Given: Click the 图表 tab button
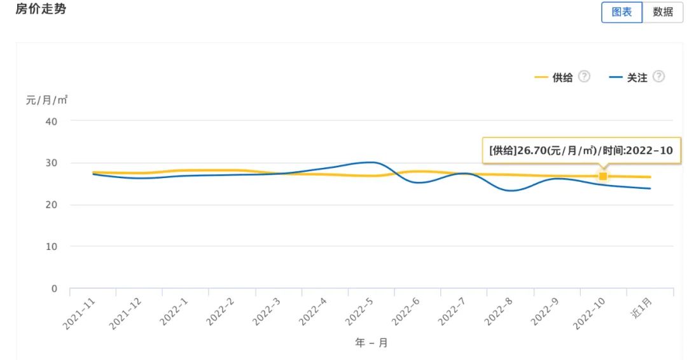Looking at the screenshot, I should pos(621,12).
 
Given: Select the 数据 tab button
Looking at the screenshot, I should pos(663,12).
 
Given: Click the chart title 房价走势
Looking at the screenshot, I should pos(41,9).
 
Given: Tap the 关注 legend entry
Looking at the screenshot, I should pos(637,78).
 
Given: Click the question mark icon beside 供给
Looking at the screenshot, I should pos(584,77).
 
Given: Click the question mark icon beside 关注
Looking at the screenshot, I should pos(659,77).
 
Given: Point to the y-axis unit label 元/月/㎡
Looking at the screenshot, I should pos(46,100).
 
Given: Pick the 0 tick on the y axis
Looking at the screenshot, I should pos(54,289).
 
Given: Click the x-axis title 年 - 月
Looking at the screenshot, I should pos(371,343).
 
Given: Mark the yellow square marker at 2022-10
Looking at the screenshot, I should pos(603,176).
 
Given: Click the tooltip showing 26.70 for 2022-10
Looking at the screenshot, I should pos(581,150).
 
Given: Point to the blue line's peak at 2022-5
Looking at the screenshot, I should pos(372,162).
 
